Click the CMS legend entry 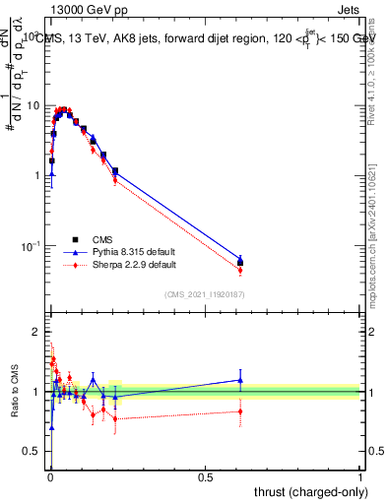[100, 240]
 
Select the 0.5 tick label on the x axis [205, 476]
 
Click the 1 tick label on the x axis [359, 476]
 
